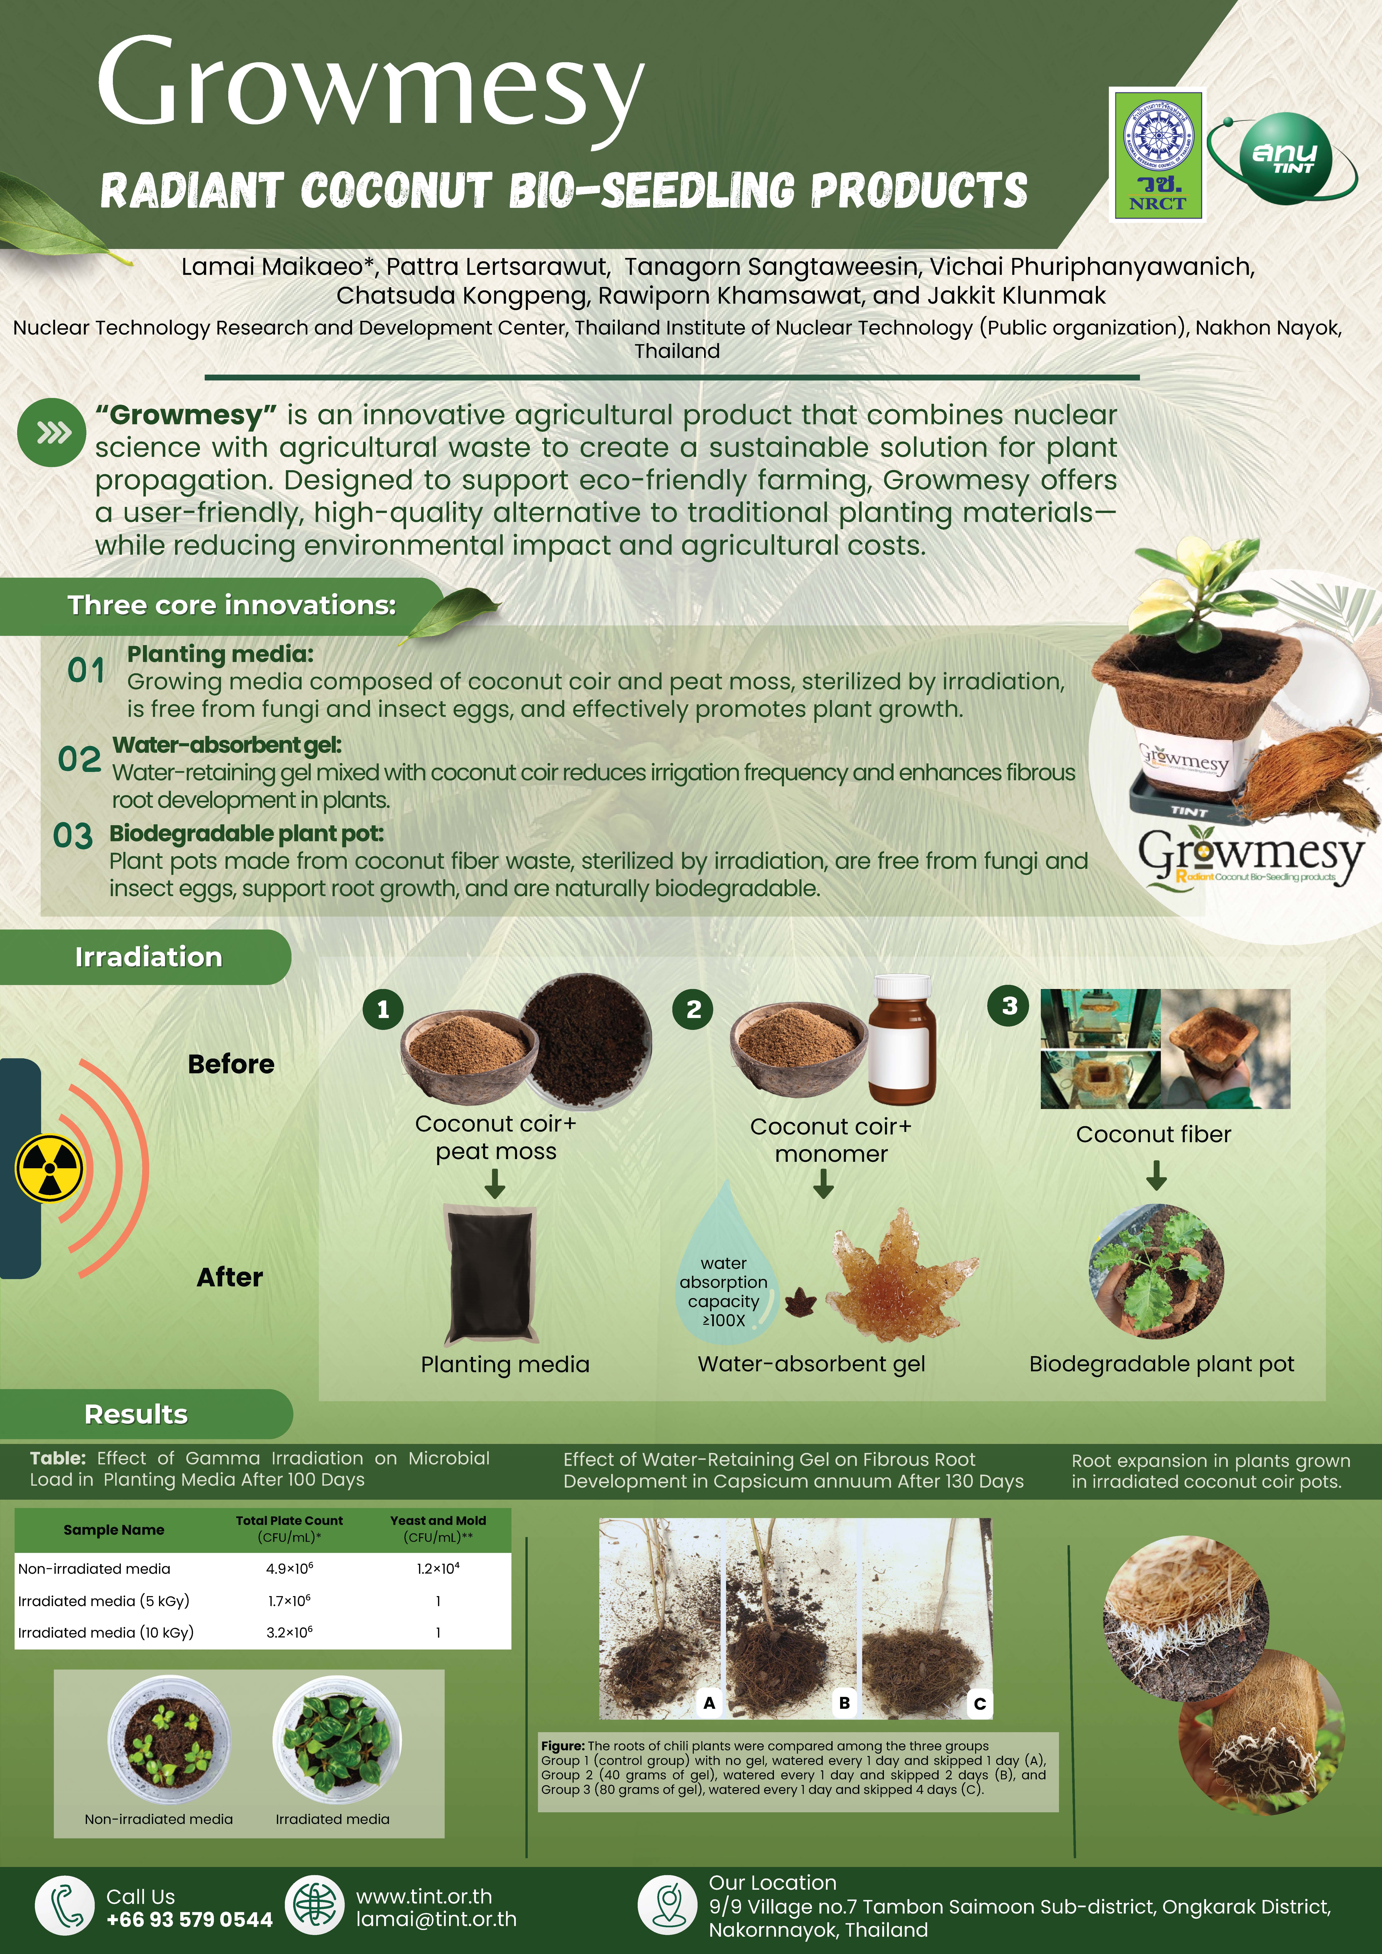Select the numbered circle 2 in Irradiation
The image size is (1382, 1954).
[x=694, y=1009]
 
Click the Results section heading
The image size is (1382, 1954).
[x=136, y=1413]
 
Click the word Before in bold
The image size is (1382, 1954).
[x=231, y=1064]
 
